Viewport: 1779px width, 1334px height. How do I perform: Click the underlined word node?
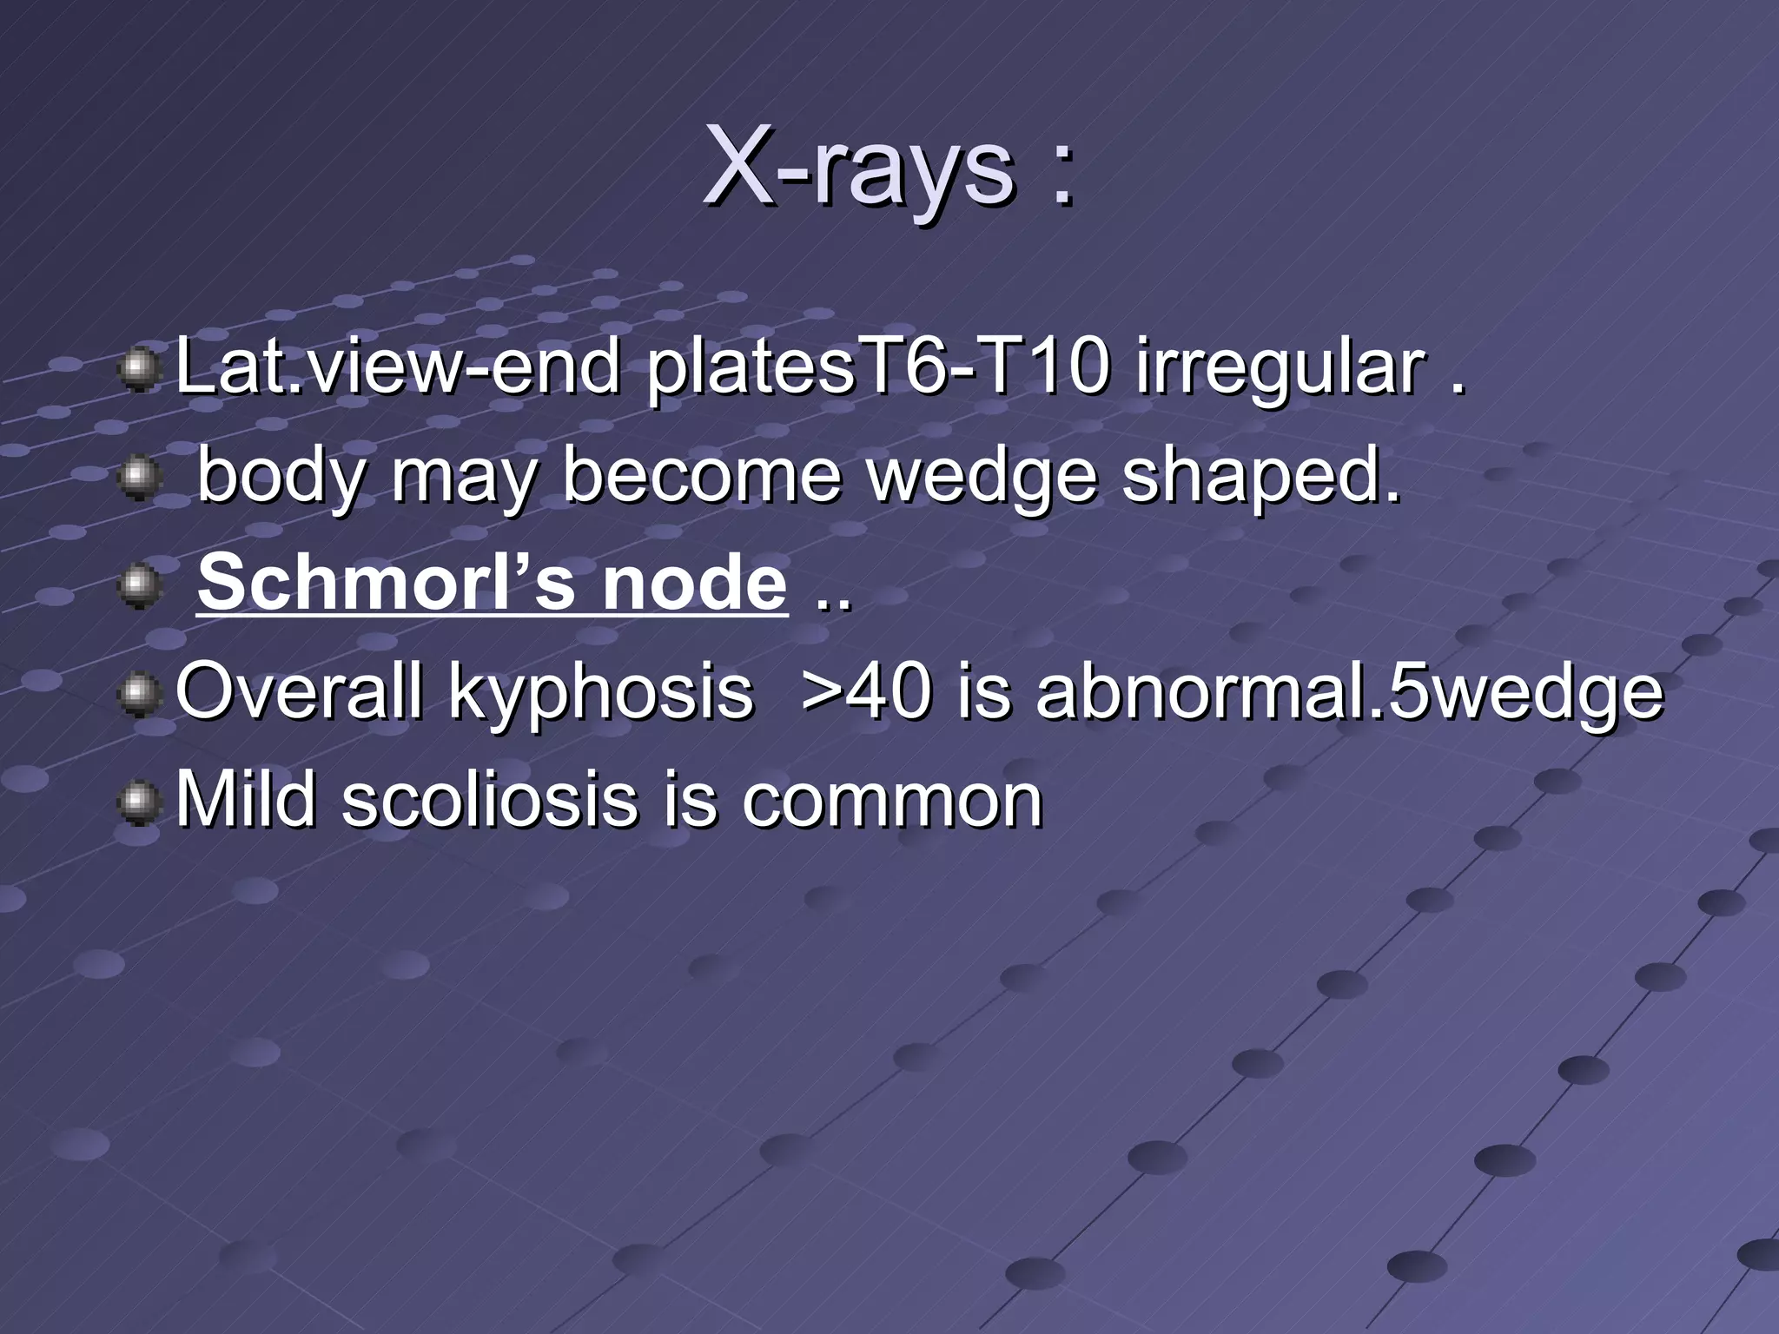(694, 583)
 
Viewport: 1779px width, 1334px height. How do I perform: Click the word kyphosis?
(599, 694)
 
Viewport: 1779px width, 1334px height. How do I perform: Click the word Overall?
(299, 694)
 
